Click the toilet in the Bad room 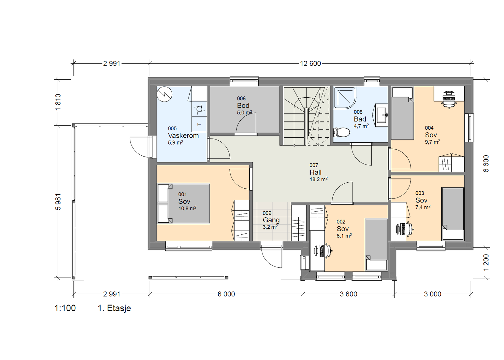tap(341, 132)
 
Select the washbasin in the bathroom tap(381, 115)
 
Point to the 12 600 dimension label tap(310, 64)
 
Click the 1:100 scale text tap(65, 308)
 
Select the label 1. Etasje tap(114, 308)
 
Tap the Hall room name tap(315, 172)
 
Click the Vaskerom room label tap(183, 136)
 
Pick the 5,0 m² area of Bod tap(244, 112)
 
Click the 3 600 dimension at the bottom tap(348, 294)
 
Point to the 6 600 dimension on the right tap(486, 163)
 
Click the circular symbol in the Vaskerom tap(164, 94)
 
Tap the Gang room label tap(271, 220)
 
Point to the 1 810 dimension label tap(58, 103)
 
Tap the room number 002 tap(341, 222)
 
